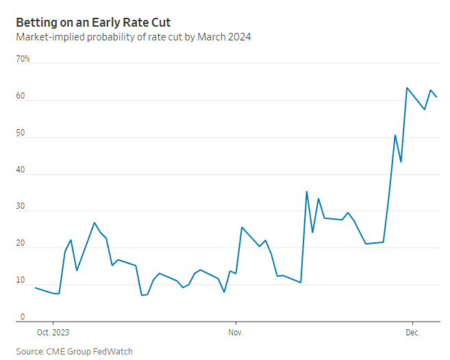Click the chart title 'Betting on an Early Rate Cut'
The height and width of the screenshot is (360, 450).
click(x=93, y=23)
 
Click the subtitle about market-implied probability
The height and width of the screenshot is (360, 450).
click(x=133, y=37)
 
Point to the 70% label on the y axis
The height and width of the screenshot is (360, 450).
click(x=23, y=60)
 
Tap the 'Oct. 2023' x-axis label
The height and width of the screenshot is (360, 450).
click(x=53, y=332)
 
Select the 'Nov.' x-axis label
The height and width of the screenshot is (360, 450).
click(x=236, y=332)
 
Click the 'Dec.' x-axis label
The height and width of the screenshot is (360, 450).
click(x=412, y=332)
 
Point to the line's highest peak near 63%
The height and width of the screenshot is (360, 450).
click(x=407, y=88)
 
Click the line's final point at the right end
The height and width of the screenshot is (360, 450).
click(x=436, y=97)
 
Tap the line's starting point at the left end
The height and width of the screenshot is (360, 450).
click(x=35, y=287)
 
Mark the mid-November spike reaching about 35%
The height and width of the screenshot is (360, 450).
click(x=307, y=192)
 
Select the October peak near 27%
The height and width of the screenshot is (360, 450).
click(x=95, y=222)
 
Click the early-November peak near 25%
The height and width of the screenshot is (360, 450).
click(x=242, y=227)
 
